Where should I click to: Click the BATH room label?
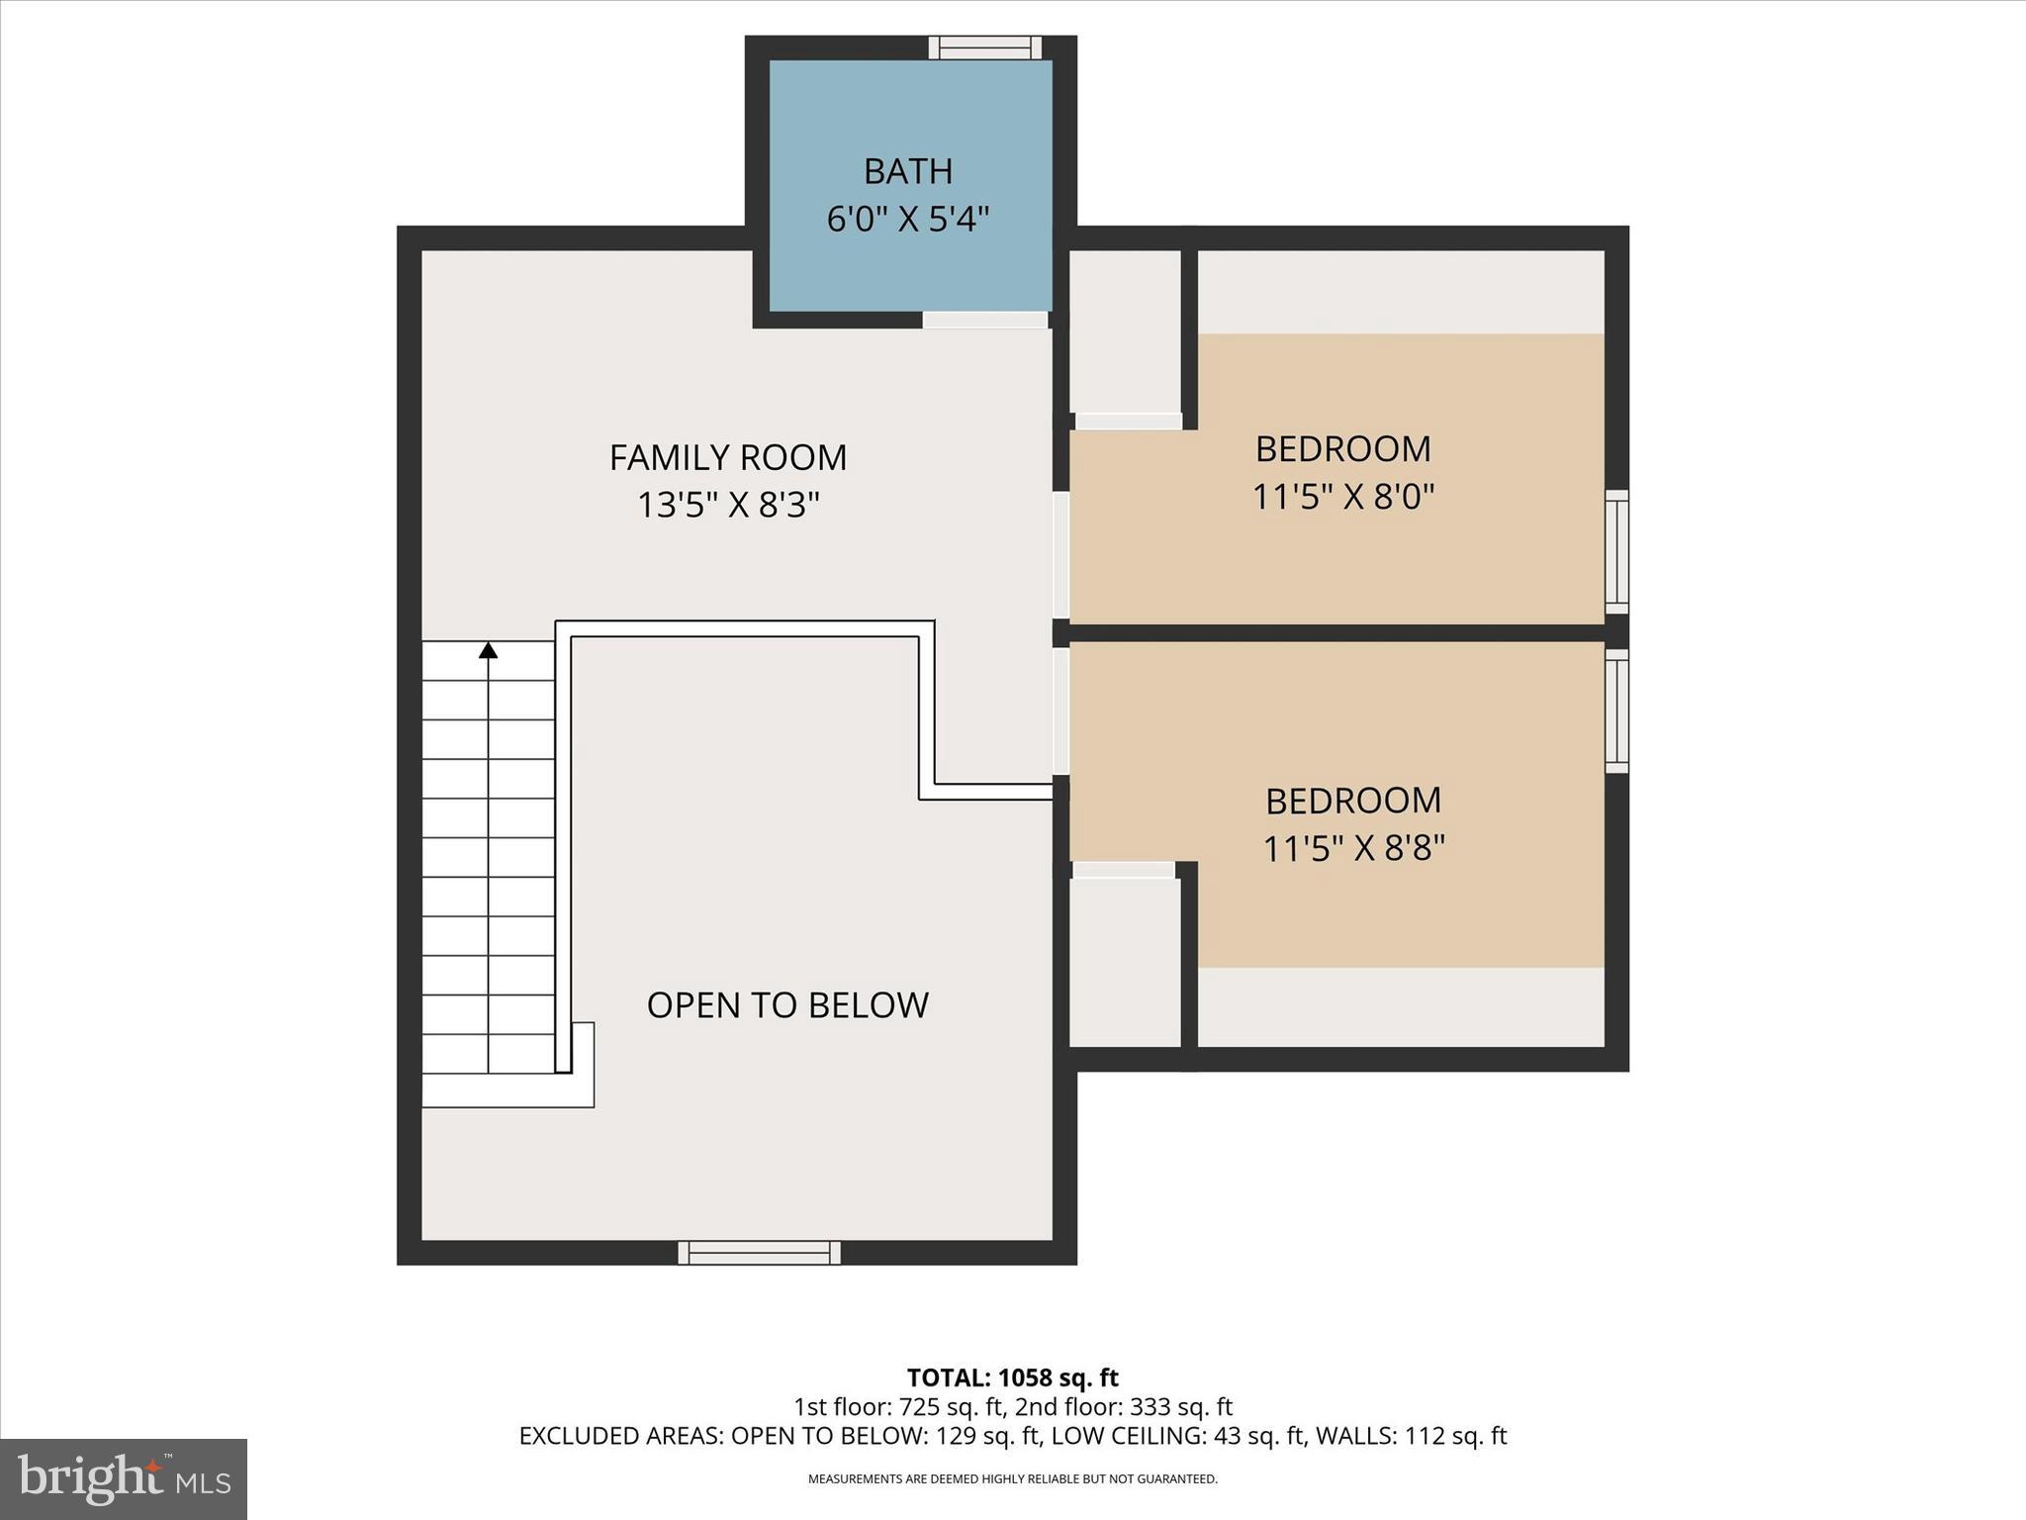point(907,171)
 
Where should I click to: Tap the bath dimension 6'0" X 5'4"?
point(907,219)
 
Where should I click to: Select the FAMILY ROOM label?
point(727,457)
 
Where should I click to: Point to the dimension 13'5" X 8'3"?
point(727,506)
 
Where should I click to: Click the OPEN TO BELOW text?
point(787,1004)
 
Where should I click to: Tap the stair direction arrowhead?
point(488,650)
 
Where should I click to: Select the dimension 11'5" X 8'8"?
point(1353,848)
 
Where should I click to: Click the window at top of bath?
point(984,47)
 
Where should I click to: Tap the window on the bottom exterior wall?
point(759,1253)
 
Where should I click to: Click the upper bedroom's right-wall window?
point(1615,551)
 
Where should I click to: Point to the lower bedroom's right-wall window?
point(1615,711)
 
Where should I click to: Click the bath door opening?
point(985,320)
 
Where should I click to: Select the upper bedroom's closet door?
point(1128,422)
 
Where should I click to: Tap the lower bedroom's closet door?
point(1124,870)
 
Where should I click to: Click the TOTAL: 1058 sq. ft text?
point(1012,1377)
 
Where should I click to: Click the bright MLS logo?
point(124,1479)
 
